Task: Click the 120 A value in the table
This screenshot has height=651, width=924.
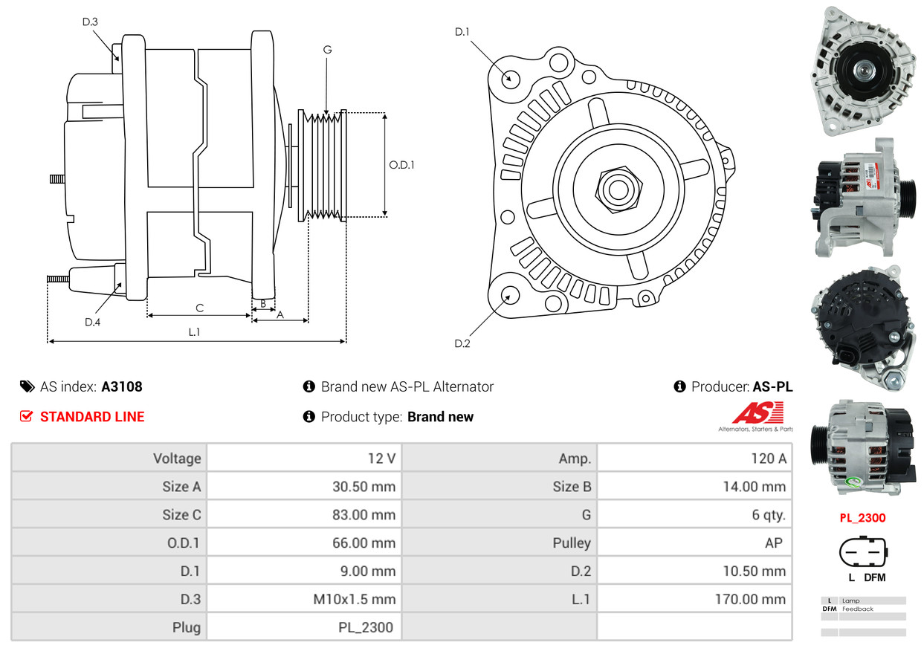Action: point(768,459)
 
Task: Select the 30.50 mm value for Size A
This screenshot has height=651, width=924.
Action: point(364,487)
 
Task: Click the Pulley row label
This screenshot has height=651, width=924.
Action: point(572,542)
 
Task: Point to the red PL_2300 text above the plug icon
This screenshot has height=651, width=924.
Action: point(862,518)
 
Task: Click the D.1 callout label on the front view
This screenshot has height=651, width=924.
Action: point(462,32)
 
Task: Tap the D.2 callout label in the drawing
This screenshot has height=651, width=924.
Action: point(462,343)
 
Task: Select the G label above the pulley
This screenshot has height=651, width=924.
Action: point(327,50)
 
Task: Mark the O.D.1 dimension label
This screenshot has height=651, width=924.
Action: point(401,165)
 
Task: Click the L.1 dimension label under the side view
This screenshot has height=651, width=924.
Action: point(194,332)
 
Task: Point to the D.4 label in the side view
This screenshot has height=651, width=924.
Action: point(92,322)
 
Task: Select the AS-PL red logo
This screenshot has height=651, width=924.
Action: point(757,413)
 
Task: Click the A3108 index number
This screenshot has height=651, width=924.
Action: point(122,386)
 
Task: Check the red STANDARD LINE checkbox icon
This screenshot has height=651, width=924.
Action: point(26,417)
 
